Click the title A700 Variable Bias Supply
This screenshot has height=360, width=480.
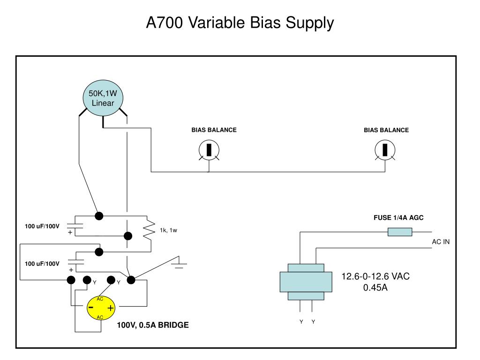240,23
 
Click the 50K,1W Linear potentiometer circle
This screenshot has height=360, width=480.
103,98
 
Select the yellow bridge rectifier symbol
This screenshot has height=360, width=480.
101,308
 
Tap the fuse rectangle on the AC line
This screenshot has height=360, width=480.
400,232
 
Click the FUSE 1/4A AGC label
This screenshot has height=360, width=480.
398,217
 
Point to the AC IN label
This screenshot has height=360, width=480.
441,242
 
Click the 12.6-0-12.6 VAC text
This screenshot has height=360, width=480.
375,277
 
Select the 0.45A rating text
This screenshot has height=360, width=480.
375,288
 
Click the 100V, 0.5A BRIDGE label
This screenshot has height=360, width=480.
153,325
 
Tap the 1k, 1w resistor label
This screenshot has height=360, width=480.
168,230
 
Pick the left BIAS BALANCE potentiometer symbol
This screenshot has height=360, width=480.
209,150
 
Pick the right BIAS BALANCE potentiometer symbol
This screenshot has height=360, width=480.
385,150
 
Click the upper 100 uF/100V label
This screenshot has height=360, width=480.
42,226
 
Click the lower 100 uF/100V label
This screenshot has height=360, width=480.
42,263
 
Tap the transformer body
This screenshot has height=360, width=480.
306,282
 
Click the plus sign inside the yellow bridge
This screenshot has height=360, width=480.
111,308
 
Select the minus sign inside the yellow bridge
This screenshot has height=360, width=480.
91,307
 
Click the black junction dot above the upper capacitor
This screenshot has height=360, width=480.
99,216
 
